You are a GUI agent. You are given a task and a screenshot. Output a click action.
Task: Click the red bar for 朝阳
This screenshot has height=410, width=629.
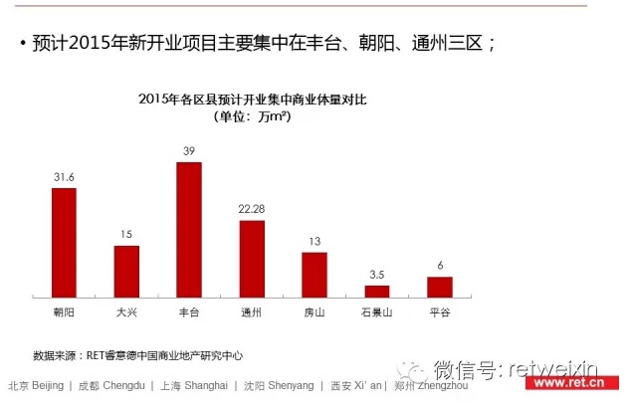click(64, 242)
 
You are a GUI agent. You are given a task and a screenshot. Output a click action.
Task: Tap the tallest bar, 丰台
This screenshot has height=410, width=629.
click(189, 229)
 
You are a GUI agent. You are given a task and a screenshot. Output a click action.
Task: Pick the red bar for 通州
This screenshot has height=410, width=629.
click(252, 258)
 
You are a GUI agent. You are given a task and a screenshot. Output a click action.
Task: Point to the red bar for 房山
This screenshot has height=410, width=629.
click(314, 274)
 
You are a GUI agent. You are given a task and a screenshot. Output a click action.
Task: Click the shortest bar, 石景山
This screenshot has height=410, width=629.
click(377, 291)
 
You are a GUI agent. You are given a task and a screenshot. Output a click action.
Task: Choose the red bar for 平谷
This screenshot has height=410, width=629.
click(439, 287)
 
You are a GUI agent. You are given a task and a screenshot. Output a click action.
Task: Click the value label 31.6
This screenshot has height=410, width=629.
click(64, 177)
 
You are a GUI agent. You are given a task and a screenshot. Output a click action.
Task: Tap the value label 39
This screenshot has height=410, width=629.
click(189, 150)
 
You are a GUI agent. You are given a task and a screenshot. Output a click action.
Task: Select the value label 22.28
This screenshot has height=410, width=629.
click(252, 210)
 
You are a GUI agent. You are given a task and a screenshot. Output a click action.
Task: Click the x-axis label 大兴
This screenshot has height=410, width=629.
click(126, 312)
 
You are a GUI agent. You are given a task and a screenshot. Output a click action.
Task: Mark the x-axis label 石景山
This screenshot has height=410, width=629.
click(377, 312)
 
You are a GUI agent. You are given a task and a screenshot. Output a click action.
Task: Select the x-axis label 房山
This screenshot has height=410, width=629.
click(314, 312)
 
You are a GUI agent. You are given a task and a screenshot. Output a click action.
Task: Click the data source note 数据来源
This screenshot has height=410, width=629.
click(138, 354)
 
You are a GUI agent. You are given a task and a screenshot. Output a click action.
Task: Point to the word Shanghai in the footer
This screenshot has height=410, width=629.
click(208, 385)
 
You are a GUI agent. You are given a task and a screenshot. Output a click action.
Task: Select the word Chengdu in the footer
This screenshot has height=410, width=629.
click(127, 385)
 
